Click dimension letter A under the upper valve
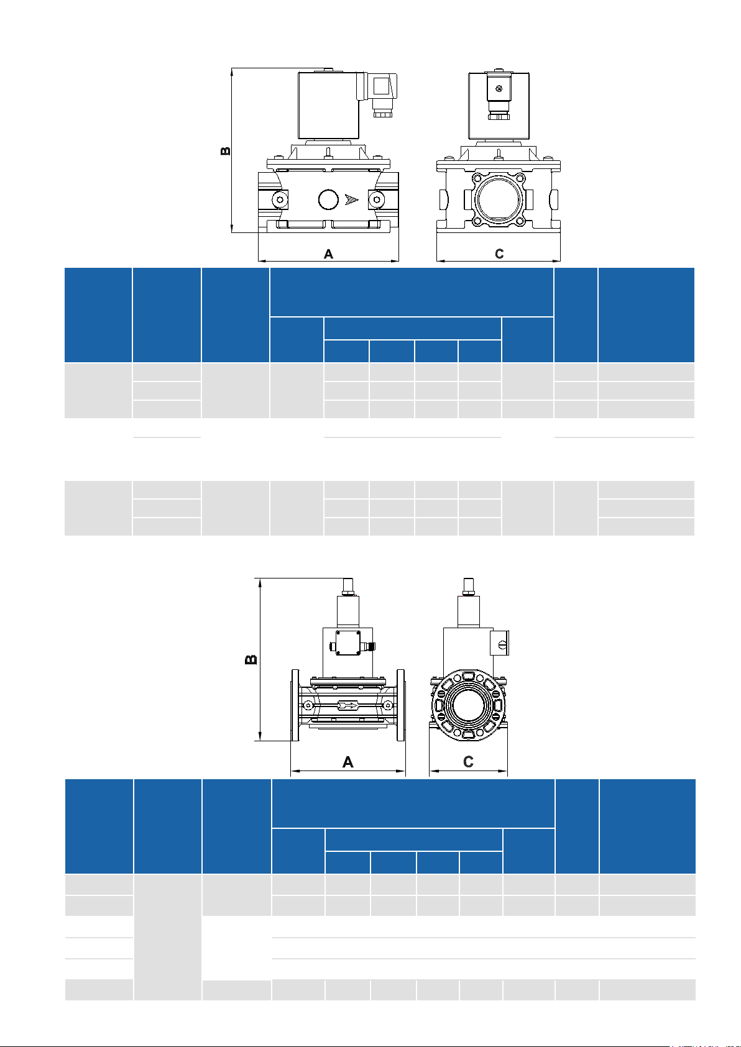click(x=328, y=254)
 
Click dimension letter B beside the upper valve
click(x=226, y=151)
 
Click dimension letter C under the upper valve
click(x=499, y=254)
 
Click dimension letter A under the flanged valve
click(x=348, y=762)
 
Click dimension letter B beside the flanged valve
click(x=251, y=659)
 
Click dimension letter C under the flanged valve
click(x=468, y=762)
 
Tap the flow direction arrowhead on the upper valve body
click(x=352, y=199)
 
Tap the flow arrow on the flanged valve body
click(x=348, y=705)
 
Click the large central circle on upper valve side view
click(x=328, y=199)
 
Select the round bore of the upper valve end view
click(x=499, y=199)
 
